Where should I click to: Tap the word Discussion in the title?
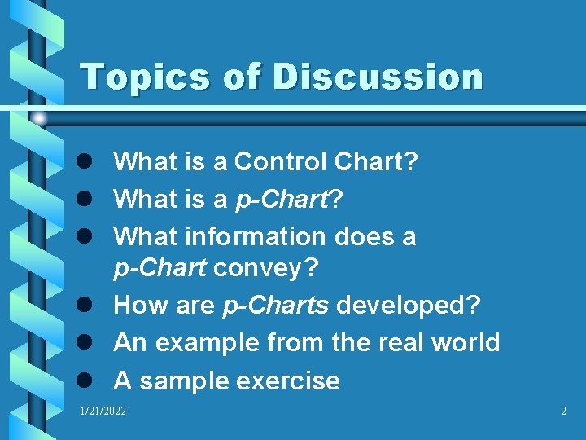coord(378,77)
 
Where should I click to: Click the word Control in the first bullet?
coord(281,162)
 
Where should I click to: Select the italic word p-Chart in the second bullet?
coord(282,200)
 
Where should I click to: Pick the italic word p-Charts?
coord(276,306)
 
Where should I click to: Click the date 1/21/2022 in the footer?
coord(103,411)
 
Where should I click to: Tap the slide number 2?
coord(563,411)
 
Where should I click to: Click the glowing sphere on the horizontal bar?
coord(38,118)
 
